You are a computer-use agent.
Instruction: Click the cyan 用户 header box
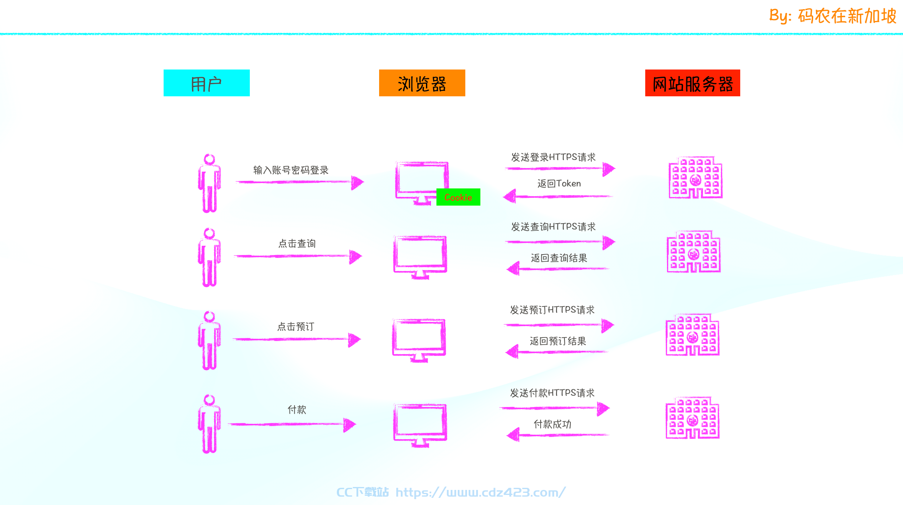207,83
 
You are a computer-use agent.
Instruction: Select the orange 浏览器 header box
422,83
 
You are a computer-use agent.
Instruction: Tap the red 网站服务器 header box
693,83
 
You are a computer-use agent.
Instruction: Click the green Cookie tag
458,197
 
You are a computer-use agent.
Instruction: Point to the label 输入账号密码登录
291,170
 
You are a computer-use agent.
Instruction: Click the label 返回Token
559,183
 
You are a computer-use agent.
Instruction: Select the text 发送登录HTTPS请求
553,157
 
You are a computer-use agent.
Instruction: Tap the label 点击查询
297,243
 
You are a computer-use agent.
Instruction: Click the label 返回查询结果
559,258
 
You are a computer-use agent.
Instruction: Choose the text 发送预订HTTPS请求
552,310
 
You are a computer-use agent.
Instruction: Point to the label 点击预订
296,326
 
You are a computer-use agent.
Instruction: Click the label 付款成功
552,424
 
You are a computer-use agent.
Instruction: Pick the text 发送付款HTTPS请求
552,393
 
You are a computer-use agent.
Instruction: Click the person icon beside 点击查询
209,258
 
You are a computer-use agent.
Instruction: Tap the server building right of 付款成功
693,417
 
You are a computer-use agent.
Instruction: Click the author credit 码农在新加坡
847,16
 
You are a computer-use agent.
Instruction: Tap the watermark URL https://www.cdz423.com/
481,492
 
